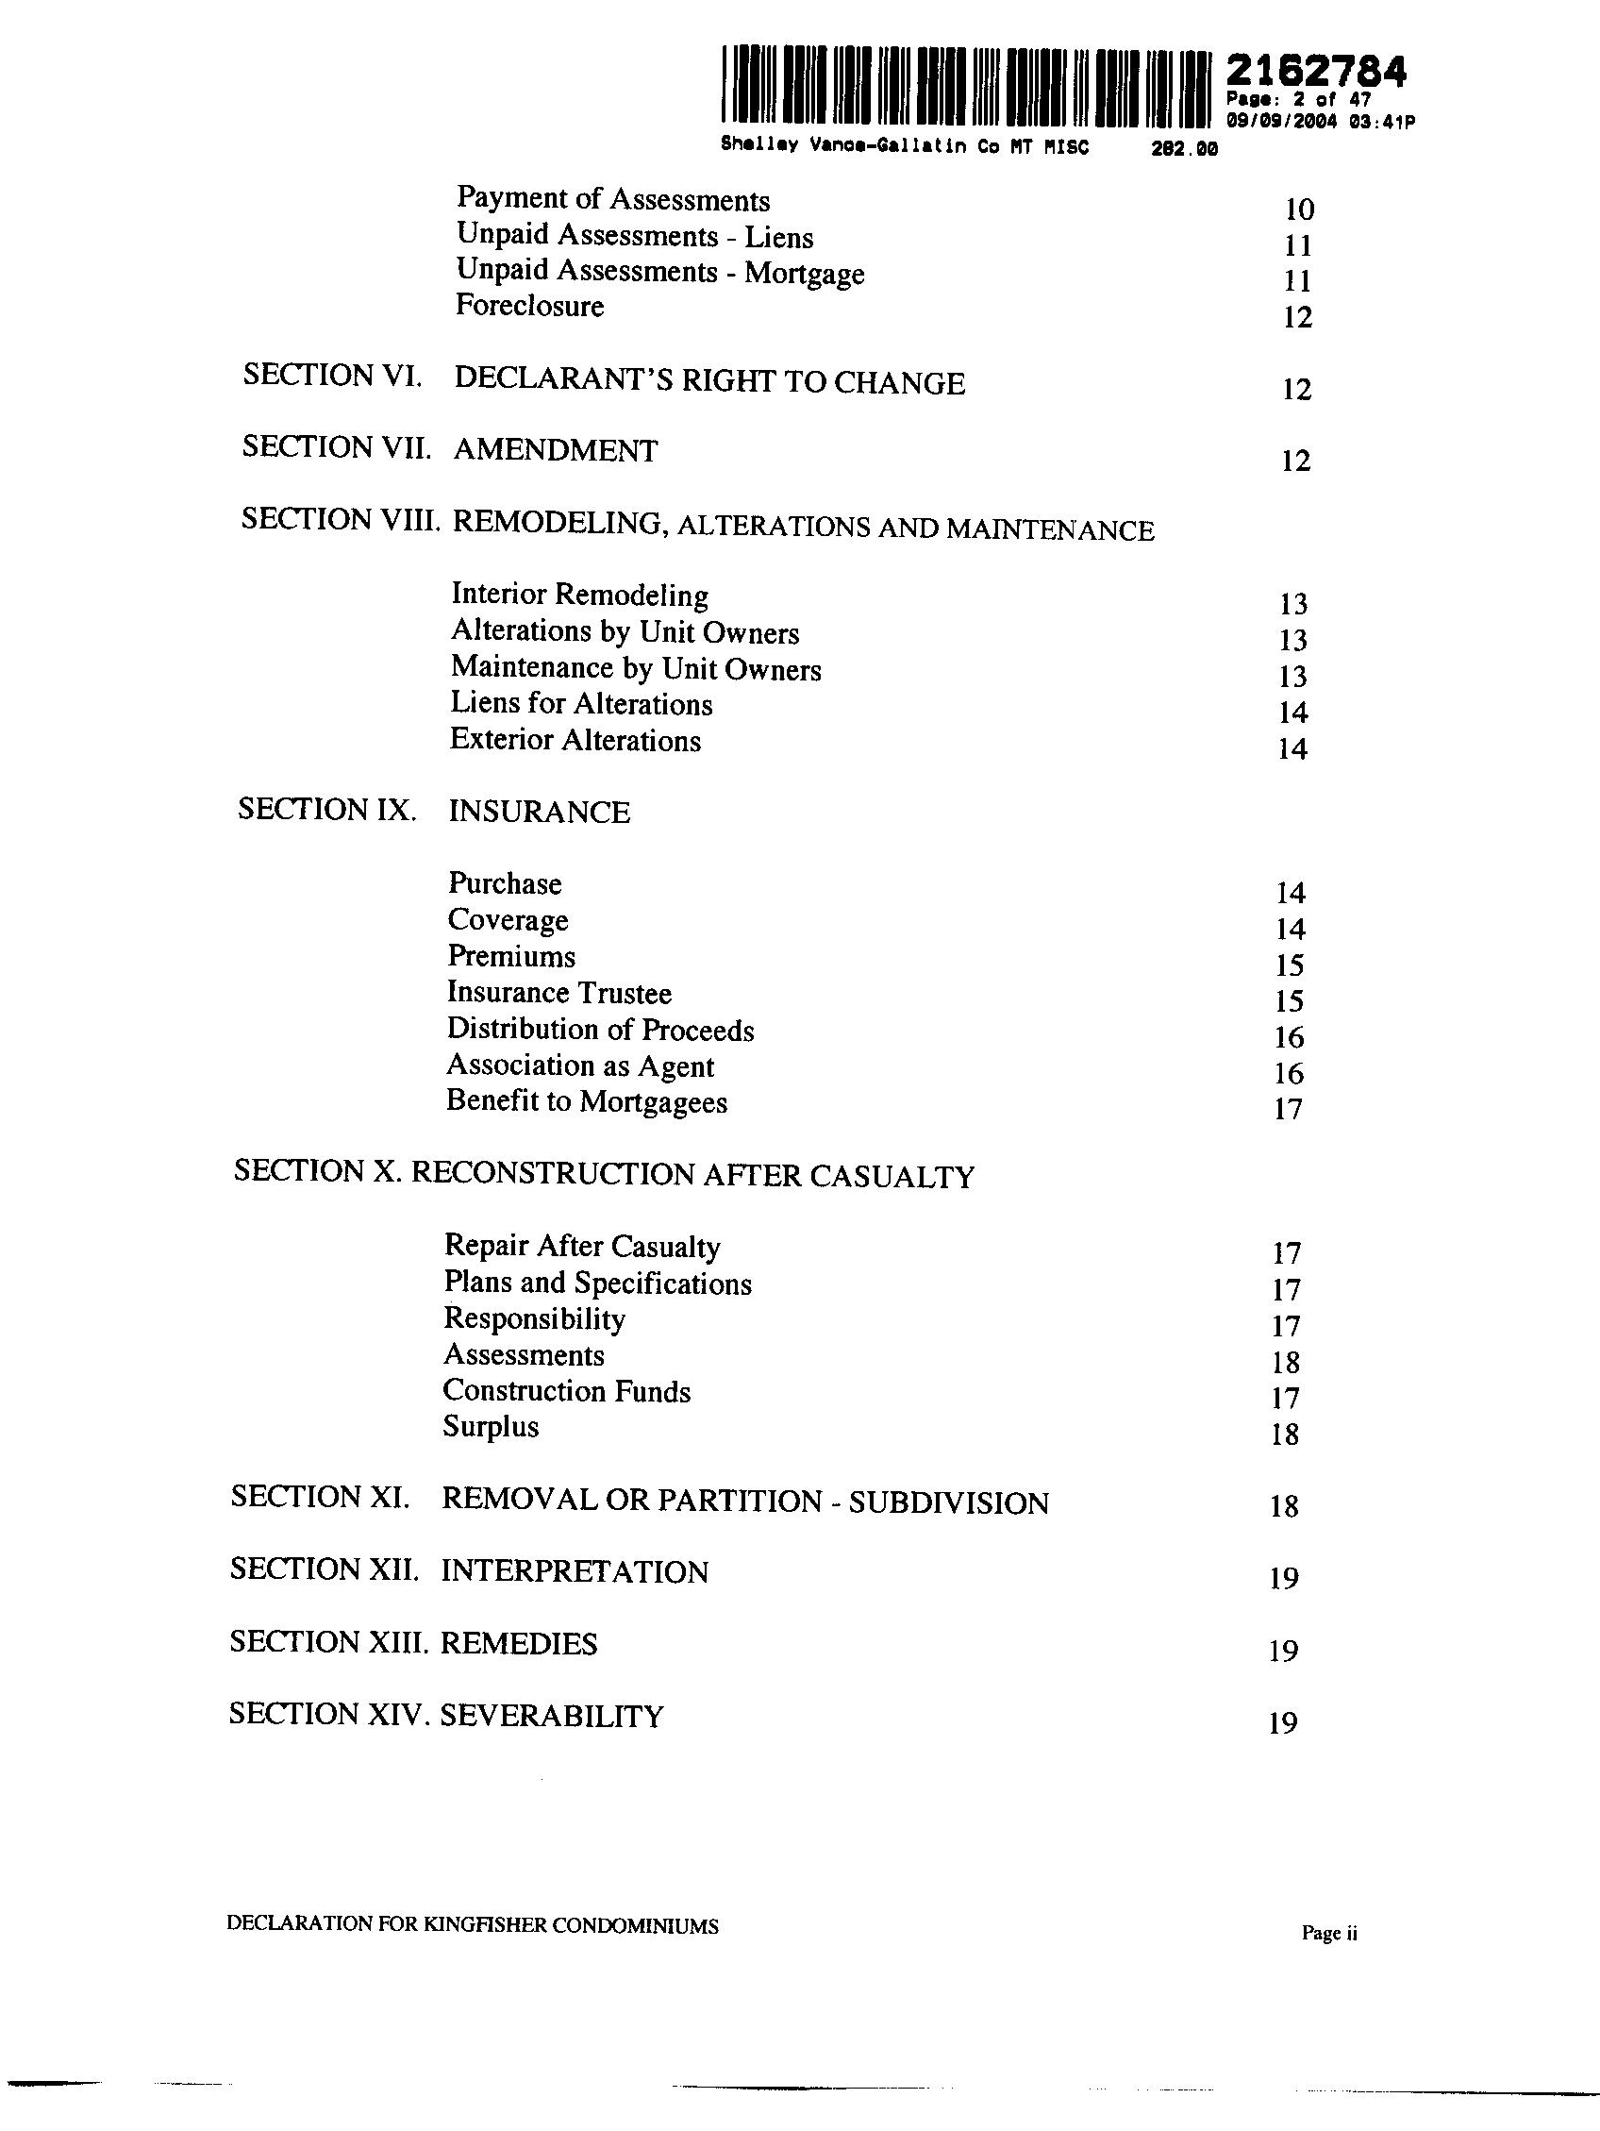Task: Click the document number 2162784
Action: pyautogui.click(x=1315, y=72)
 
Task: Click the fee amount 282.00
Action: pyautogui.click(x=1185, y=148)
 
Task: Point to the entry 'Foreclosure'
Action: pyautogui.click(x=530, y=307)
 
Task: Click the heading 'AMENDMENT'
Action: pyautogui.click(x=556, y=450)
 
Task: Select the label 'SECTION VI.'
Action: pyautogui.click(x=332, y=375)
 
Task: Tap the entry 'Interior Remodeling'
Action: pyautogui.click(x=580, y=596)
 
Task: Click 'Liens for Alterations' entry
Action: pyautogui.click(x=582, y=704)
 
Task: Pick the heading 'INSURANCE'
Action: pyautogui.click(x=539, y=812)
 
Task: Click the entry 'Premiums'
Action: pyautogui.click(x=511, y=957)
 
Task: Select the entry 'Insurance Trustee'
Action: pyautogui.click(x=558, y=993)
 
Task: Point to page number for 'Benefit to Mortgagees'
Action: pyautogui.click(x=1288, y=1110)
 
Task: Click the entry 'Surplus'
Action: pyautogui.click(x=491, y=1427)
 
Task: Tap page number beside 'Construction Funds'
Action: pyautogui.click(x=1286, y=1399)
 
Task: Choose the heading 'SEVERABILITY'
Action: pyautogui.click(x=552, y=1716)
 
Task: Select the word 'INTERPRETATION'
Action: pyautogui.click(x=575, y=1572)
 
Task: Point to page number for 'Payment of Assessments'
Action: pyautogui.click(x=1299, y=210)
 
